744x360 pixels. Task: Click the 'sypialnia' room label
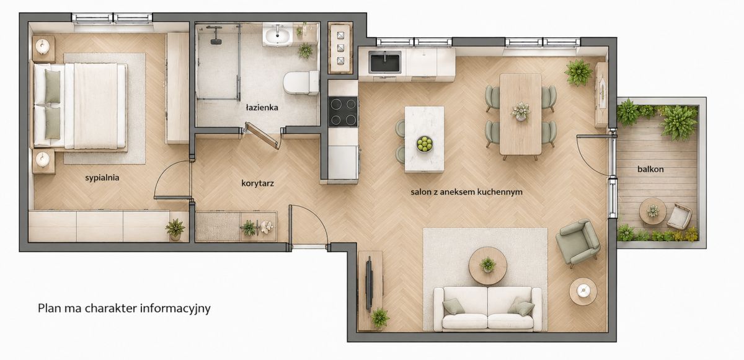coord(102,178)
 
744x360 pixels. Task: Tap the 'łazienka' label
coord(262,107)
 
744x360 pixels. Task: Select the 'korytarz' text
coord(257,183)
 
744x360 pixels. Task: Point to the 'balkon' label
coord(650,169)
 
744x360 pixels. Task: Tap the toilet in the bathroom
coord(301,82)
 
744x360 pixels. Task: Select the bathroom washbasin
coord(277,35)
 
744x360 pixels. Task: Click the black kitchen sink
coord(385,62)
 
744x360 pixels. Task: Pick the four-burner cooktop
coord(343,112)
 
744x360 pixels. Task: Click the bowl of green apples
coord(425,144)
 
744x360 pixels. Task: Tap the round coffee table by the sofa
coord(487,266)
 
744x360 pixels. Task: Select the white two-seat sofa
coord(487,309)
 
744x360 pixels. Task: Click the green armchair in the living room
coord(578,242)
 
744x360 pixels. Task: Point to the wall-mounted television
coord(369,284)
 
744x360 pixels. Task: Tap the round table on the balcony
coord(653,211)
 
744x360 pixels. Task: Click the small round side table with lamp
coord(583,291)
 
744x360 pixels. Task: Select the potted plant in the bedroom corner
coord(175,229)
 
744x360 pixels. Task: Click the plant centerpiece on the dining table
coord(520,111)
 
